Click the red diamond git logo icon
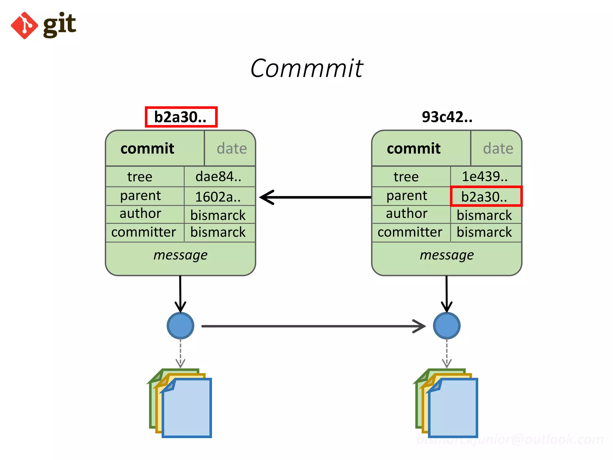[24, 25]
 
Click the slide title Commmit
[306, 68]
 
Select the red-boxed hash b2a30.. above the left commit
[181, 117]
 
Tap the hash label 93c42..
[447, 117]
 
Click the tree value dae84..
[219, 176]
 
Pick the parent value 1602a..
[218, 197]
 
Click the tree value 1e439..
[485, 176]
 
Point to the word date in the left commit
[232, 149]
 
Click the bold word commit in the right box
[414, 149]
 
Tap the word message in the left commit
[180, 255]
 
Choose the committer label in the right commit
[410, 232]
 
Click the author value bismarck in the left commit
[218, 215]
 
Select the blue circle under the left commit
[180, 326]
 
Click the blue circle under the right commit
[447, 326]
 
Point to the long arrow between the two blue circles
[311, 326]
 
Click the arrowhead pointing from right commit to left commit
[267, 197]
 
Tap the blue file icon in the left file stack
[187, 409]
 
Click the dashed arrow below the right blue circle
[447, 353]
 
